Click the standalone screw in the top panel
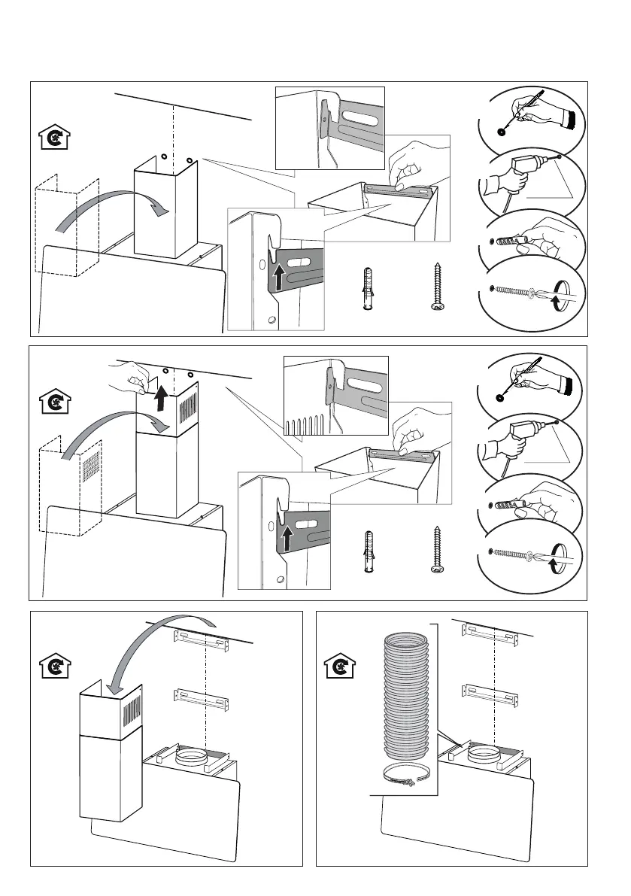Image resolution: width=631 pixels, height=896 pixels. [435, 287]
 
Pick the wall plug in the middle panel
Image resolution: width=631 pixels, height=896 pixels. [368, 551]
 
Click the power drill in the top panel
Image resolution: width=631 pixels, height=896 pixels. [519, 173]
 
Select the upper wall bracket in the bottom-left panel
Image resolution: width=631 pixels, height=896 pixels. [201, 640]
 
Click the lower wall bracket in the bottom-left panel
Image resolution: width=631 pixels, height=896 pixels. [201, 700]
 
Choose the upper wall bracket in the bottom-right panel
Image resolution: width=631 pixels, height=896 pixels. [491, 634]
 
